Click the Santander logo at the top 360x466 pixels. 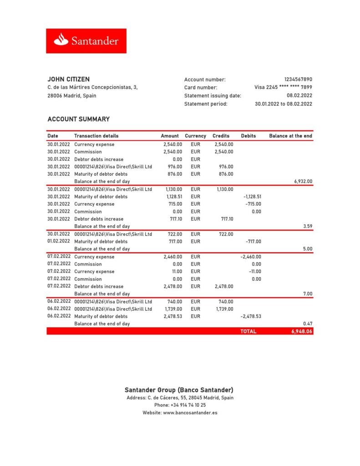[86, 41]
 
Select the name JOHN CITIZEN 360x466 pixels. [68, 79]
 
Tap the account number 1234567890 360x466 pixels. [298, 80]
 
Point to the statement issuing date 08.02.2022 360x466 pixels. [299, 96]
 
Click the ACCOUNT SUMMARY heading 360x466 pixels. [78, 119]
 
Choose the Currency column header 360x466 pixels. [195, 136]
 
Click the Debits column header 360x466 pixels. [248, 136]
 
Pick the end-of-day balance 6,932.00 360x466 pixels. [303, 181]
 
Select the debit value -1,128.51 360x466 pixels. [252, 197]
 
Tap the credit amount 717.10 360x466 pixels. [227, 219]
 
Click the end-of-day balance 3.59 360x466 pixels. [308, 226]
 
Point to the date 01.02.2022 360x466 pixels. [59, 241]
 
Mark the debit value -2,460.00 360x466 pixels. [251, 257]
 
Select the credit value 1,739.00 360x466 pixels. [224, 309]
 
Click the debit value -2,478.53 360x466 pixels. [251, 316]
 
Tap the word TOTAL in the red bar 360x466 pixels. [248, 331]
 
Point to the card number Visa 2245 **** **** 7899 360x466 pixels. [283, 87]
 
